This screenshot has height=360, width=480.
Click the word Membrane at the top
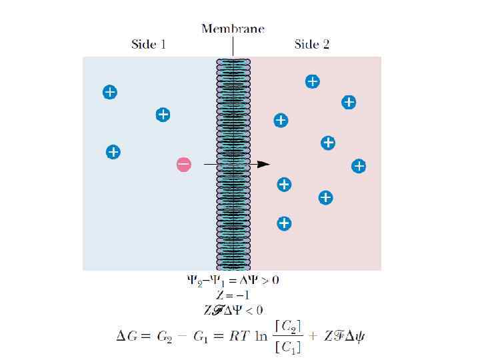233,29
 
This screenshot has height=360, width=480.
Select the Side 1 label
148,45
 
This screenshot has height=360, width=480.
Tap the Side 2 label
311,45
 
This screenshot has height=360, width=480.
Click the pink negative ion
184,164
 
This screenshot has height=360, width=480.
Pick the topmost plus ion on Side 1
110,92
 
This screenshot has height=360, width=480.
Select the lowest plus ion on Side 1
113,152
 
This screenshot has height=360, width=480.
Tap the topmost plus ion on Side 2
312,81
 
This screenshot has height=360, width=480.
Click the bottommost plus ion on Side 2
284,223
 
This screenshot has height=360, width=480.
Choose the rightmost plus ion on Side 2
359,166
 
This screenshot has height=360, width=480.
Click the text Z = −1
233,295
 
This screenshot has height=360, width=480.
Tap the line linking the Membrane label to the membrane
233,46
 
